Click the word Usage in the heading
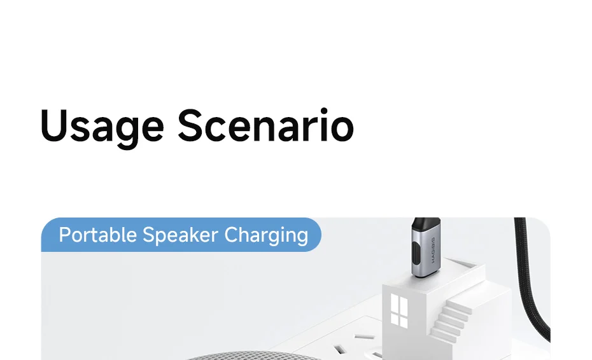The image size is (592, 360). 102,126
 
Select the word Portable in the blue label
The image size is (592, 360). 97,235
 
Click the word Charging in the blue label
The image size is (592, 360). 266,235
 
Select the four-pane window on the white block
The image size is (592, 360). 399,310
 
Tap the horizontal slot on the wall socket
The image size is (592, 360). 363,336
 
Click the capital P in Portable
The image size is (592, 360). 64,235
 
